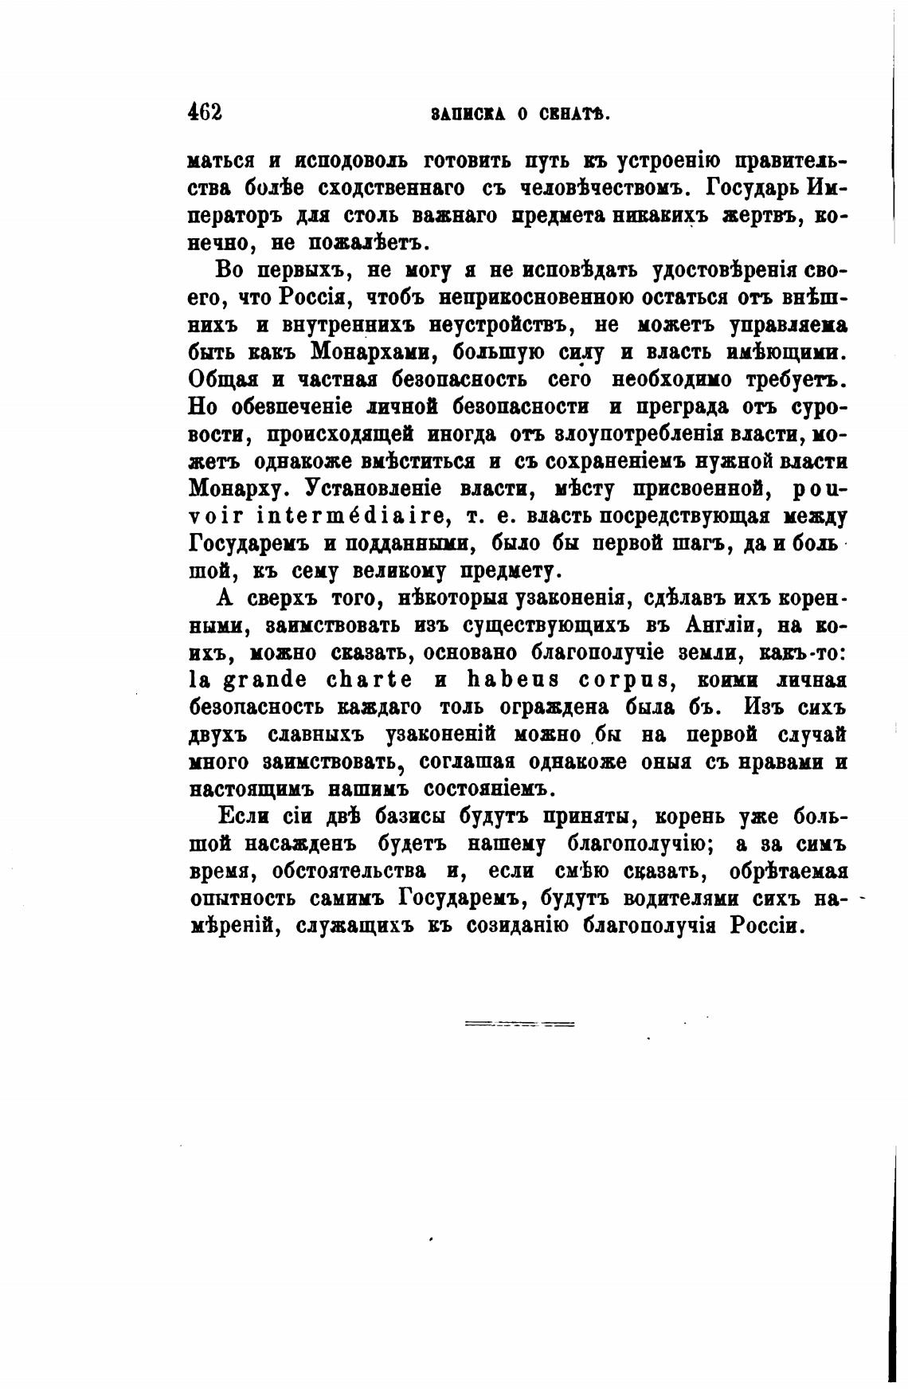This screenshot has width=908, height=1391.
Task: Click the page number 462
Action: coord(205,112)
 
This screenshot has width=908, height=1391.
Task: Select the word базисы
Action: coord(406,817)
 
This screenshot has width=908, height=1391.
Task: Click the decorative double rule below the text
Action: coord(519,1023)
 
